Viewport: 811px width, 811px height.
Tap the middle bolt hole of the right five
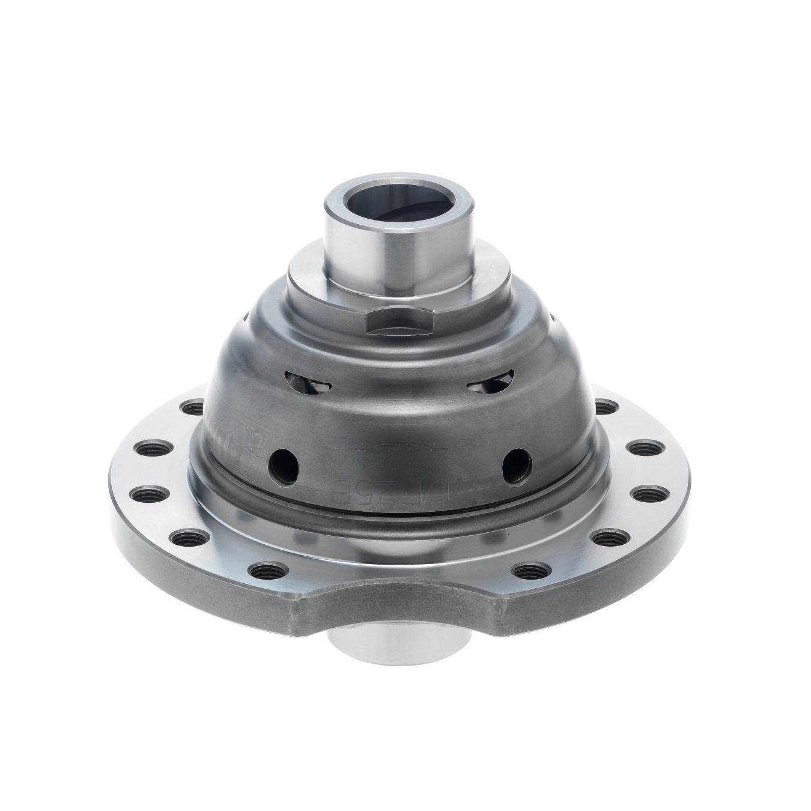(655, 494)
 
